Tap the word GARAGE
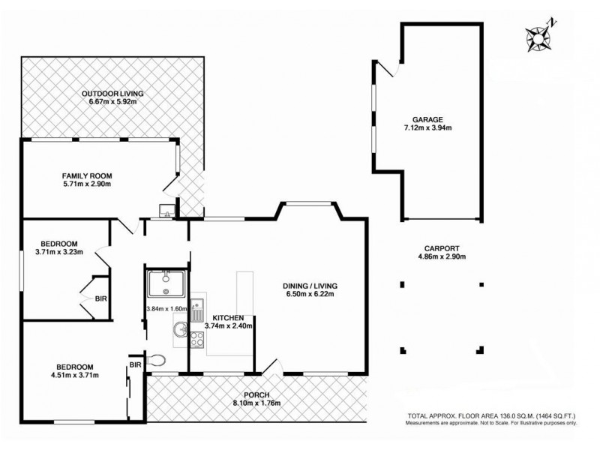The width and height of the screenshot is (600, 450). (427, 118)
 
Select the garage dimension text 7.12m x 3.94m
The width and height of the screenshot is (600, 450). (427, 128)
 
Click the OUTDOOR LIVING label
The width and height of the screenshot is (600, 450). (112, 94)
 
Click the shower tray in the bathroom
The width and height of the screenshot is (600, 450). (164, 283)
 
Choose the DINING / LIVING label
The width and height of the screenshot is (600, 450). (310, 286)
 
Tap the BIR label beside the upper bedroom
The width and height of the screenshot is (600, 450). (100, 298)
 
